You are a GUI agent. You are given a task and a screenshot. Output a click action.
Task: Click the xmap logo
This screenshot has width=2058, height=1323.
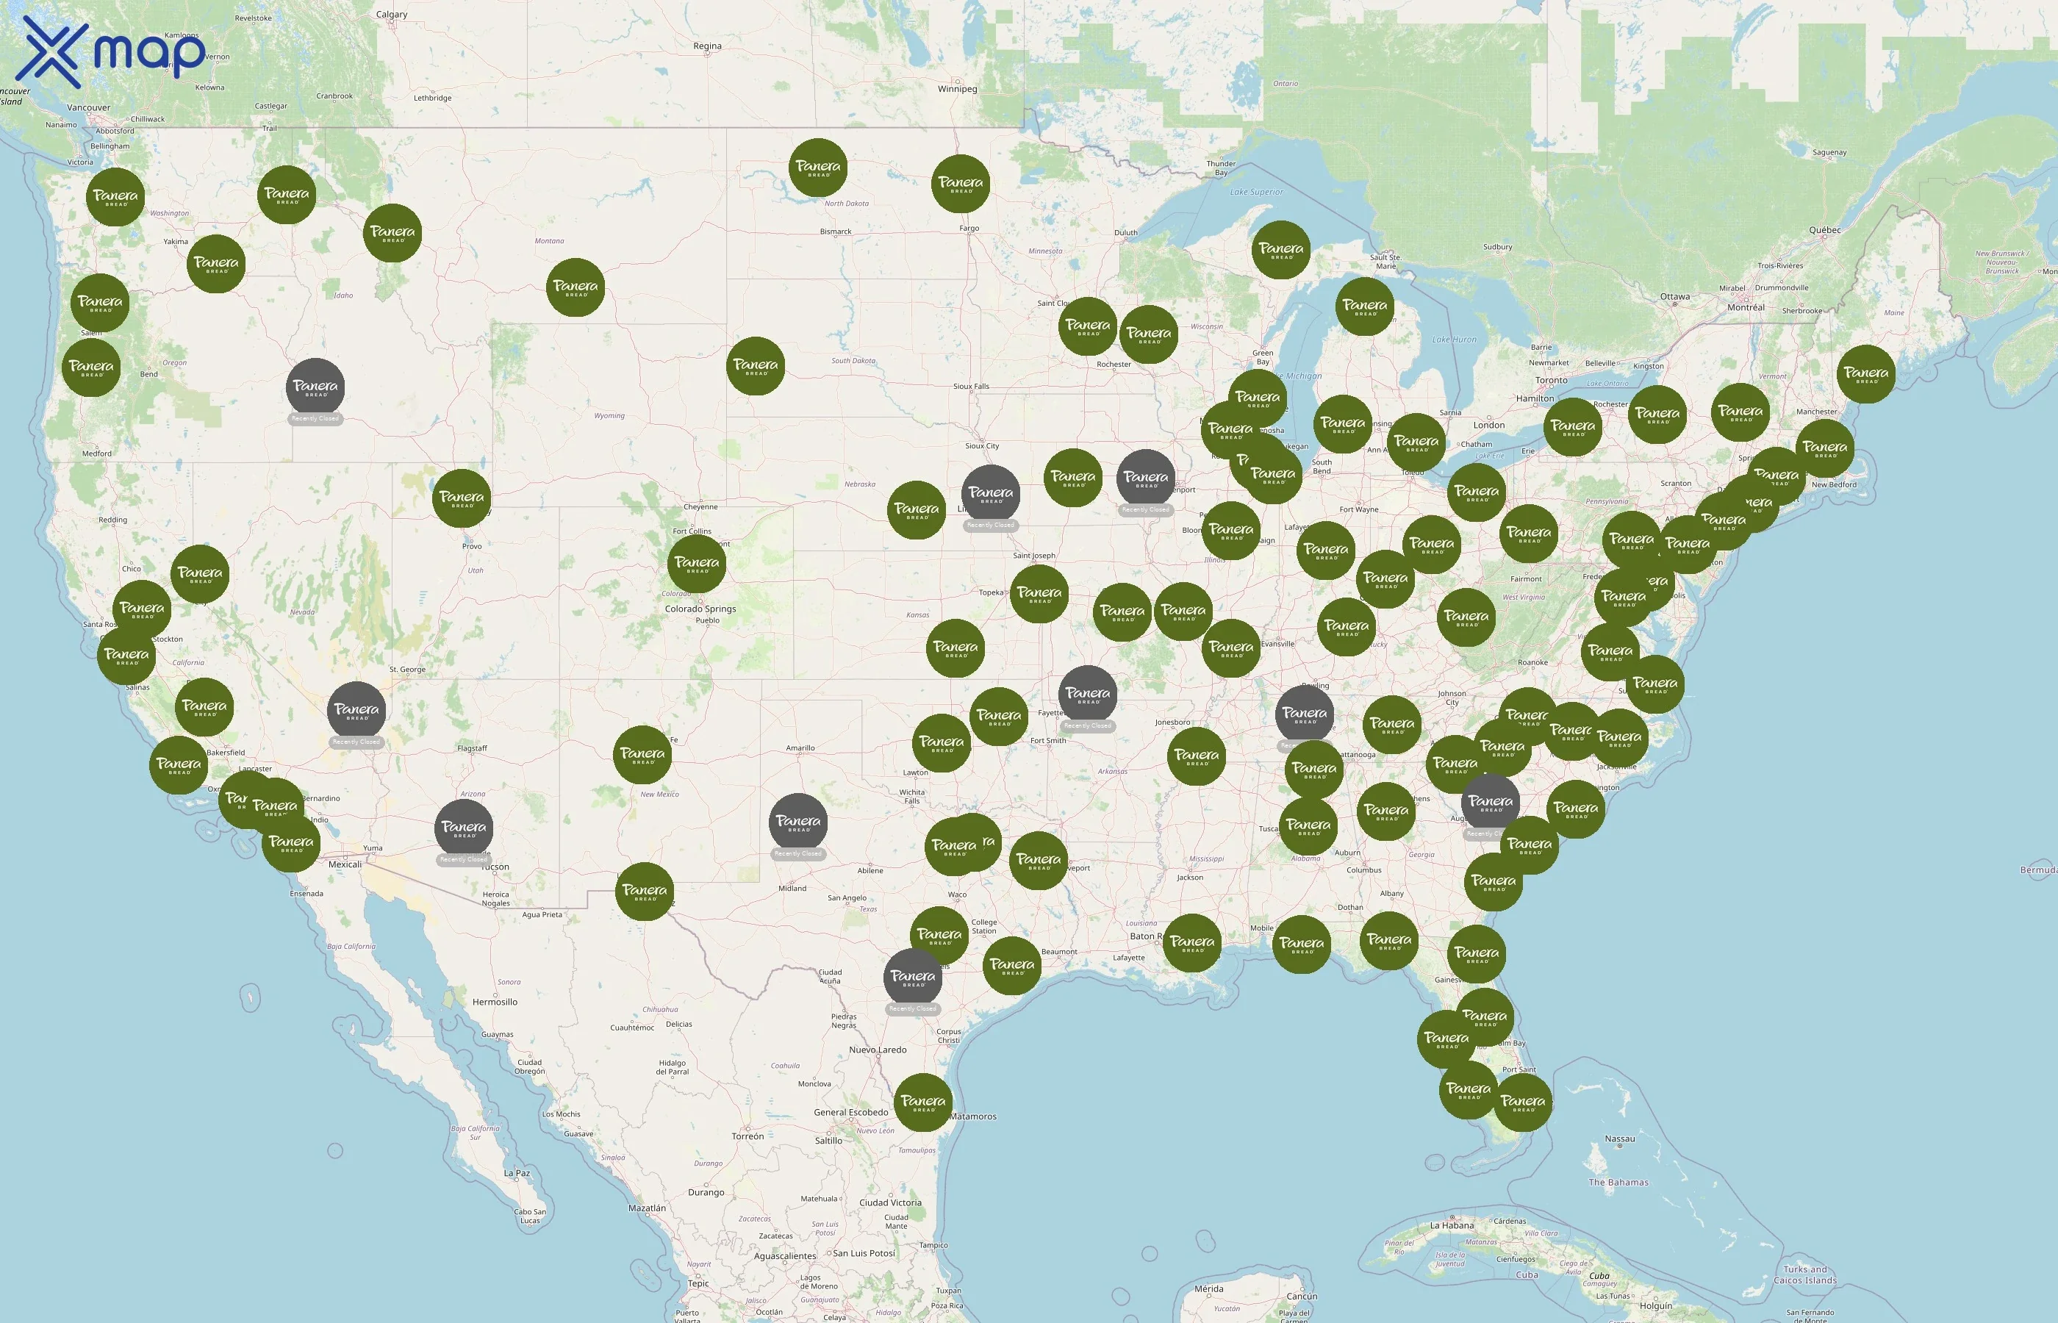tap(112, 51)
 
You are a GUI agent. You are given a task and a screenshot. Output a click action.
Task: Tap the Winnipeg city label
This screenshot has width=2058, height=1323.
tap(957, 88)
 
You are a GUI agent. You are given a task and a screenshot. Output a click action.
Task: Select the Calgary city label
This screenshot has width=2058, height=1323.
tap(392, 15)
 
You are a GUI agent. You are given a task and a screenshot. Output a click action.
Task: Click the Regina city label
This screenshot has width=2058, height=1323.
tap(707, 46)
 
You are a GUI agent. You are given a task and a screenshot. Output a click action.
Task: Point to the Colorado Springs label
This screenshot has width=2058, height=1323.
tap(700, 609)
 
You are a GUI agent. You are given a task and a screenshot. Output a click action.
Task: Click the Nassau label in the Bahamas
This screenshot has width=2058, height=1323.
tap(1619, 1139)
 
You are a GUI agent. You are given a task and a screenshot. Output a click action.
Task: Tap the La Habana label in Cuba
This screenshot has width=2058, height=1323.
tap(1452, 1225)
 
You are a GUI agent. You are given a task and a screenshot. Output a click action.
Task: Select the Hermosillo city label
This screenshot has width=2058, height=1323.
tap(495, 1002)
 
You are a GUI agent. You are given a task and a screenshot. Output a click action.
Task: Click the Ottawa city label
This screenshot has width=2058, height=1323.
tap(1675, 296)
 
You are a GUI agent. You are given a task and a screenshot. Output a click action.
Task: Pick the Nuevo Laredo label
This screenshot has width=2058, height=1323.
tap(877, 1050)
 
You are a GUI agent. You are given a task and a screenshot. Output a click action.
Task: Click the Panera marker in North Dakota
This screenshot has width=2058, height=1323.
tap(818, 167)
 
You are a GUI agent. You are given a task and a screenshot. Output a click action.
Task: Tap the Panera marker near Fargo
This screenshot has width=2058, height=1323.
tap(961, 183)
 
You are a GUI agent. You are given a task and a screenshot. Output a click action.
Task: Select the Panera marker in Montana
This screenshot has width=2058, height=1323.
tap(575, 287)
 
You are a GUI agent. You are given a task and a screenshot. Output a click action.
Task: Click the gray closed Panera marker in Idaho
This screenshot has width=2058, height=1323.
tap(315, 387)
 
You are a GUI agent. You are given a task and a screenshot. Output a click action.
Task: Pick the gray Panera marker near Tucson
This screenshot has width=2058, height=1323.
tap(464, 828)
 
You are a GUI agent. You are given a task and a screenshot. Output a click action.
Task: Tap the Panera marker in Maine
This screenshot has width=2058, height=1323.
tap(1865, 373)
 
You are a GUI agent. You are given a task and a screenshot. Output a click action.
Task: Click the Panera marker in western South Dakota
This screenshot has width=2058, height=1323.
tap(755, 366)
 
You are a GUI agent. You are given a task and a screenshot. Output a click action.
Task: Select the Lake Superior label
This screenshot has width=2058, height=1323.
tap(1256, 193)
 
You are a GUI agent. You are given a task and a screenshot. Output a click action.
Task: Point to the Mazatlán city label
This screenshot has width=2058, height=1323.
tap(647, 1208)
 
